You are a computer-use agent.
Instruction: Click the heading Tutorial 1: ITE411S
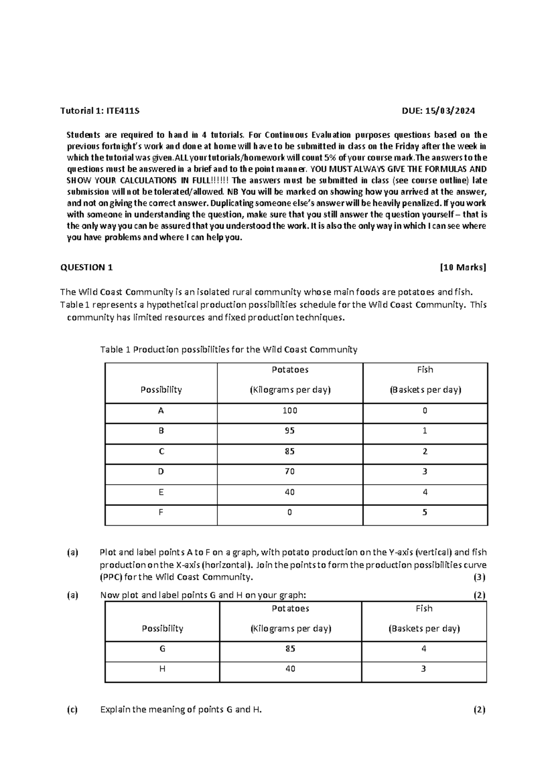point(100,111)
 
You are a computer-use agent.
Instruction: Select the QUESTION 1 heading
point(87,267)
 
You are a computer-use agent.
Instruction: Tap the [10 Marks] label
point(463,267)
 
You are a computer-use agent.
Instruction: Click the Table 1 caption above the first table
point(229,350)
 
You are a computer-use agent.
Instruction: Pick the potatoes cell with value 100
point(290,410)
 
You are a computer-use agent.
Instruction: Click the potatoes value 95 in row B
point(290,431)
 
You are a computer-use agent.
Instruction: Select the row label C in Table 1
point(161,451)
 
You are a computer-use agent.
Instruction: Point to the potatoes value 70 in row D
point(290,472)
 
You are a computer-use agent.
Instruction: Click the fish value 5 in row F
point(425,512)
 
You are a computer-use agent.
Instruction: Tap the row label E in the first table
point(161,492)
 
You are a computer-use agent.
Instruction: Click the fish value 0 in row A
point(425,410)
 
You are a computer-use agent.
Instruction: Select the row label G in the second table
point(163,649)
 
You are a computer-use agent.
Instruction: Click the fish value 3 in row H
point(424,669)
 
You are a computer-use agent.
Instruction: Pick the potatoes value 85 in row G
point(290,649)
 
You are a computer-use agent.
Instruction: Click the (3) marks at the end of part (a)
point(480,577)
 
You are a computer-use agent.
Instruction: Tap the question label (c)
point(72,710)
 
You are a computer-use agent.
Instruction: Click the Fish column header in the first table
point(425,370)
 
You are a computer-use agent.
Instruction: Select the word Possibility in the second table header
point(163,628)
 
